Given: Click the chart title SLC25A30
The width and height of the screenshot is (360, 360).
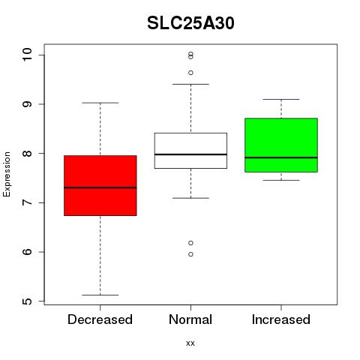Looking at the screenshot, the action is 190,23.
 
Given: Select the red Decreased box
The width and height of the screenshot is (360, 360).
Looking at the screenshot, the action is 100,185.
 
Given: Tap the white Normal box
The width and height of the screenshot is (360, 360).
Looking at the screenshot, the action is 190,151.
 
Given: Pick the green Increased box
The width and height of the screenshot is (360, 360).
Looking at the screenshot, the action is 281,145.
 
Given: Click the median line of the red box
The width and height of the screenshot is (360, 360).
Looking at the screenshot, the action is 100,187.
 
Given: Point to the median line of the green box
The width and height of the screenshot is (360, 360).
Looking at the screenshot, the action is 281,157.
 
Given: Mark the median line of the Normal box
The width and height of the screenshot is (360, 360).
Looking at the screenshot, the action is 190,154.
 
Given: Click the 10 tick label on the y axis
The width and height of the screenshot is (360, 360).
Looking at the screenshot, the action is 27,55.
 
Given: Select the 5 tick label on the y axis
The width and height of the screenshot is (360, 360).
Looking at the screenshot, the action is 27,301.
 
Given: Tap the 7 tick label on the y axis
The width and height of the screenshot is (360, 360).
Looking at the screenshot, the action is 27,202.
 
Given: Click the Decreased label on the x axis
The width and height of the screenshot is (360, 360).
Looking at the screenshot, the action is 100,319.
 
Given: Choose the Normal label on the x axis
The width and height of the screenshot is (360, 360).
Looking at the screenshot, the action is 190,319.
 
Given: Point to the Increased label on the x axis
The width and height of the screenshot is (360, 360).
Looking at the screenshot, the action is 281,319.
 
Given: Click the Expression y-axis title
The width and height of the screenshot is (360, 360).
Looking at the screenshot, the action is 7,174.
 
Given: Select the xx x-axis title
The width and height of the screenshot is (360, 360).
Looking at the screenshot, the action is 190,343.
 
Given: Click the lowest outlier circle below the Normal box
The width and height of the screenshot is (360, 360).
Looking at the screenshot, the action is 190,254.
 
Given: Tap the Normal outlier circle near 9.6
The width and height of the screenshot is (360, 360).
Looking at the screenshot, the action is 190,73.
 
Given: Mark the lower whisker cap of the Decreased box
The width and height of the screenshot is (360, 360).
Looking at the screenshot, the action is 100,295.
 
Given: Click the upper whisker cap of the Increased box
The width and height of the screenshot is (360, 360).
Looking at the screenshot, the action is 281,99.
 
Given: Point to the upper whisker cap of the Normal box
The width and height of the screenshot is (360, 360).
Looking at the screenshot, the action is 190,84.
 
